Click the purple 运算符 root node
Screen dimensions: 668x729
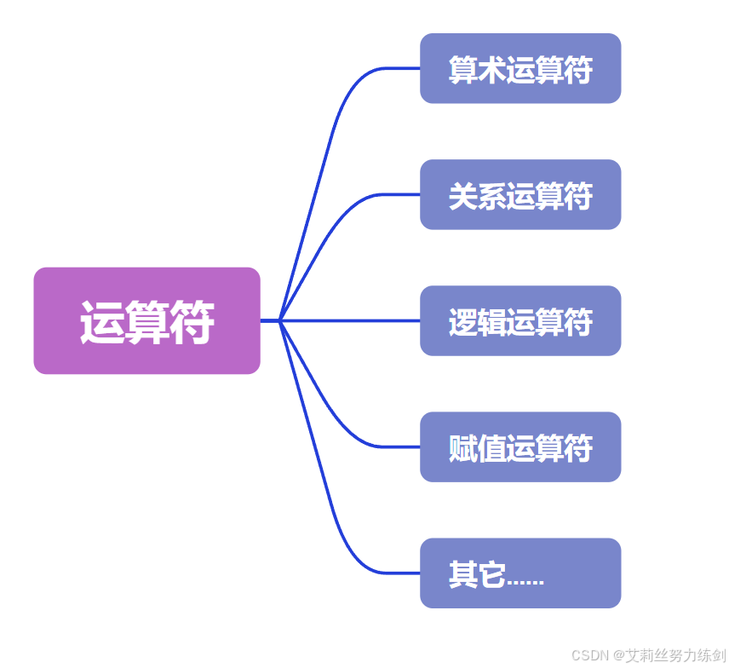coord(146,321)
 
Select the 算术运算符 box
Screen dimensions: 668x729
coord(520,69)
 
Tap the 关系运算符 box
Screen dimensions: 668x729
coord(520,195)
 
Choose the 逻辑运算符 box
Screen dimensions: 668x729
coord(520,321)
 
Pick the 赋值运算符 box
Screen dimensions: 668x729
coord(520,447)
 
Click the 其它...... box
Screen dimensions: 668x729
coord(520,573)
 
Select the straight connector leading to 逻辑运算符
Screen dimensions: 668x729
coord(349,321)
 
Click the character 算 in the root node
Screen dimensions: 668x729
coord(146,323)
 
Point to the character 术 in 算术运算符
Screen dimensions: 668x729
coord(491,71)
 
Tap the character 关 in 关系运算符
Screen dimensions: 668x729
coord(462,197)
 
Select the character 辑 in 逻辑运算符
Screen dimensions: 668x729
coord(491,323)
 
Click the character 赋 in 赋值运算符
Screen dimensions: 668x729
coord(462,449)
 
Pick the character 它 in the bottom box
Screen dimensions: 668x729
coord(491,575)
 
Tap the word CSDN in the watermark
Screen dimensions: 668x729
coord(588,655)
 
